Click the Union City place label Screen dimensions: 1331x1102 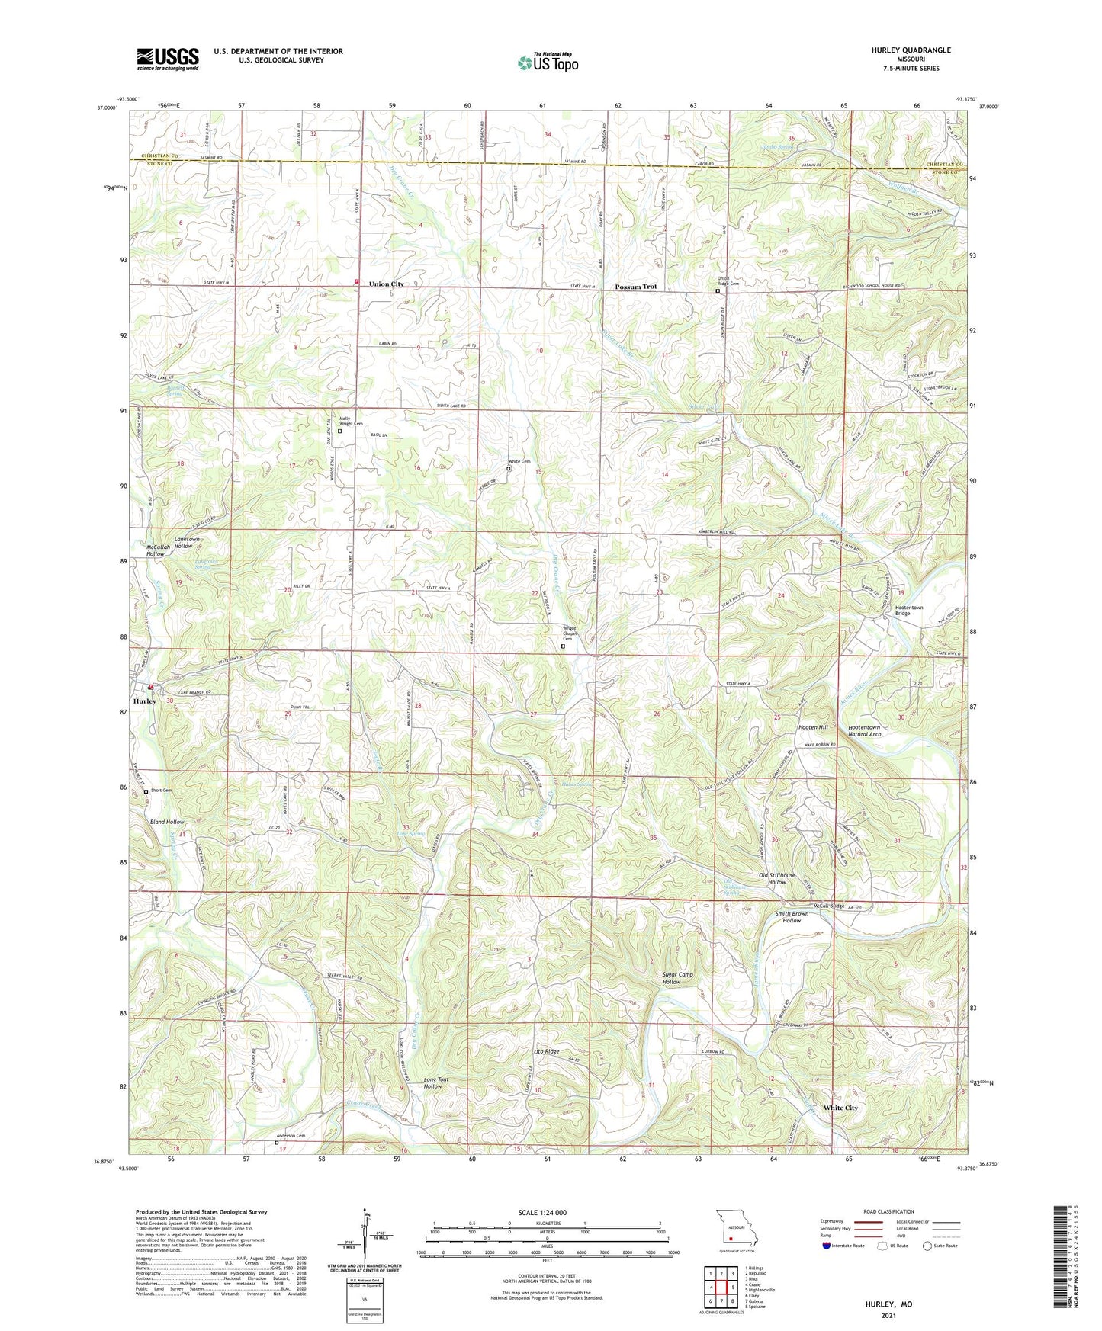386,284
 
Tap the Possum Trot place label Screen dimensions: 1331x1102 635,287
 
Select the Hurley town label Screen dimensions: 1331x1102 145,701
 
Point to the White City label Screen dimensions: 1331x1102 840,1108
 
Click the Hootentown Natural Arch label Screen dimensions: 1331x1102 864,730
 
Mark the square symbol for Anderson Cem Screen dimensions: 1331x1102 277,1142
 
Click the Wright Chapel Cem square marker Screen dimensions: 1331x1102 564,646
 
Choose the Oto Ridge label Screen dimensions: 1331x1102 546,1052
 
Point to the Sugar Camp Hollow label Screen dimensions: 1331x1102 671,978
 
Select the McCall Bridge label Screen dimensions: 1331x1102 829,906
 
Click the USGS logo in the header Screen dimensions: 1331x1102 168,58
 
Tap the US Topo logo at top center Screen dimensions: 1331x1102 547,62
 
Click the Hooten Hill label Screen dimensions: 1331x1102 813,727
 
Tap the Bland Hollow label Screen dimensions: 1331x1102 167,822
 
